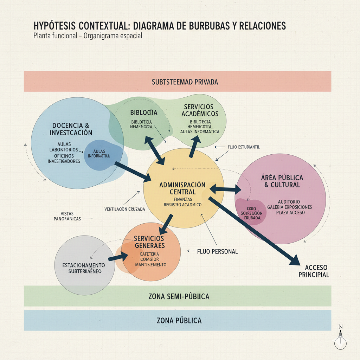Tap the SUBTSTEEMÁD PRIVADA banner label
(185, 82)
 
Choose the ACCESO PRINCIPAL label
(314, 271)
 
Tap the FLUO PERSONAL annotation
(217, 251)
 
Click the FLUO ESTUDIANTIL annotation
(244, 147)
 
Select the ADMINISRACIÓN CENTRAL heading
(182, 188)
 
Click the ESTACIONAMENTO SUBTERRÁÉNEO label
(84, 268)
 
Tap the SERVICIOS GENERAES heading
(149, 242)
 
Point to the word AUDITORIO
(289, 202)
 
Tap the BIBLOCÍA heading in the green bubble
(143, 112)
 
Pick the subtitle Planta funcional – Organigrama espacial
(88, 36)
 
